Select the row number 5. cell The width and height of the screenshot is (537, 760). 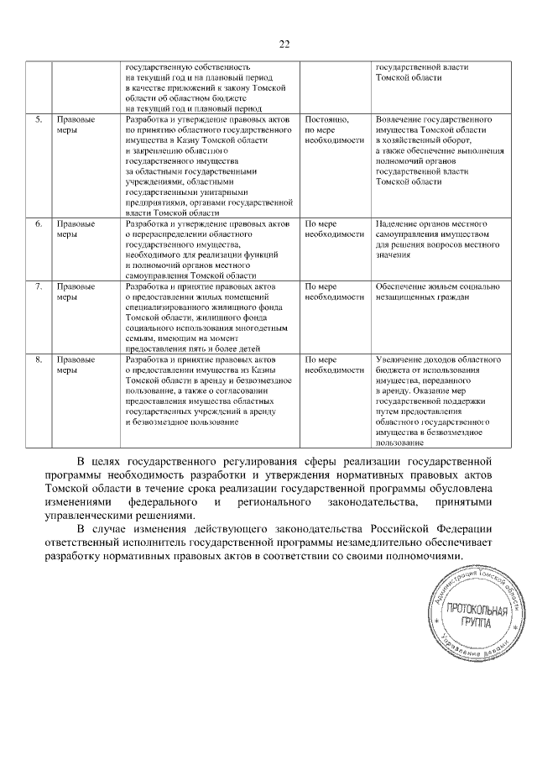click(x=39, y=120)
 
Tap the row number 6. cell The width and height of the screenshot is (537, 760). click(x=39, y=225)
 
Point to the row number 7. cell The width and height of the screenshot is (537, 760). click(x=39, y=287)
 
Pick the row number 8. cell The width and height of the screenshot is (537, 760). click(x=39, y=359)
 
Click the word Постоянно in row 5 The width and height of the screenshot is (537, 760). click(x=326, y=120)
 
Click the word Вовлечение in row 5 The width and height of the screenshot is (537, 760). click(x=399, y=120)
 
